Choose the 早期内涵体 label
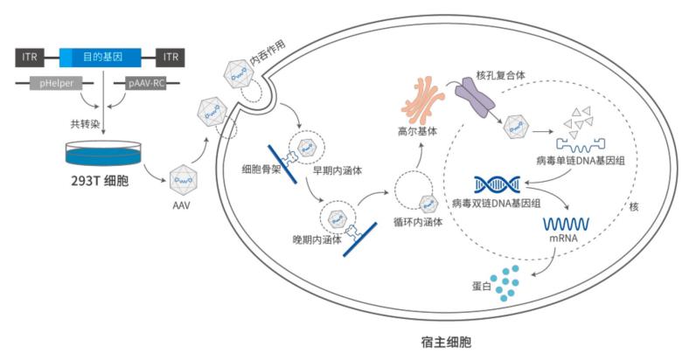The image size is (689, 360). (x=335, y=170)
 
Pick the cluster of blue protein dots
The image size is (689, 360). (x=511, y=283)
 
